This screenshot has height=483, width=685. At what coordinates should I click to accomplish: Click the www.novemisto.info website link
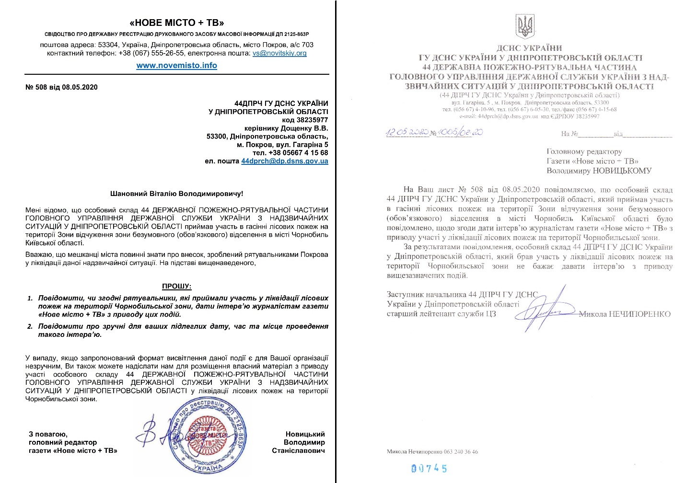(176, 66)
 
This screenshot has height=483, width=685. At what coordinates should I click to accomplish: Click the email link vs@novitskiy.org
(279, 53)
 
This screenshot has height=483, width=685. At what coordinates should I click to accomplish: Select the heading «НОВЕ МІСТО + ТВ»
(177, 23)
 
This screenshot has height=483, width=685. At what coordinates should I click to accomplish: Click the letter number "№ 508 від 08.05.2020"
(61, 87)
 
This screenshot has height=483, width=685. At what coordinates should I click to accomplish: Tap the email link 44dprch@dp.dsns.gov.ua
(285, 161)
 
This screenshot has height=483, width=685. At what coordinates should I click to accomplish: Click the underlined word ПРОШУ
(176, 286)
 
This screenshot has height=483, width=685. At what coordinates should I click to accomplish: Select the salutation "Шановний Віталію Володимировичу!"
(176, 194)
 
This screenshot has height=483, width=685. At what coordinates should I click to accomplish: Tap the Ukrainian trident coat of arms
(525, 26)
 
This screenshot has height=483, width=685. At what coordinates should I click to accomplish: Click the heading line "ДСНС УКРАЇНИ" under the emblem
(529, 48)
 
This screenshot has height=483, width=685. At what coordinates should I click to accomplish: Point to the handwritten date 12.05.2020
(407, 132)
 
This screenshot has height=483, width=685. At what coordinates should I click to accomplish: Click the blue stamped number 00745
(429, 468)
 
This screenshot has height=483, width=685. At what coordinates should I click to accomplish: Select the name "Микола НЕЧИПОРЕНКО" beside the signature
(625, 314)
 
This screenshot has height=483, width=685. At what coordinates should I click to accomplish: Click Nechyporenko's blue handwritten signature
(544, 310)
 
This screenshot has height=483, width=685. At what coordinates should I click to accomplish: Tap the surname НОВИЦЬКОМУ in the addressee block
(622, 171)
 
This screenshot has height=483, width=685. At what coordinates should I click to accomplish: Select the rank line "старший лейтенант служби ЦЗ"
(441, 314)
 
